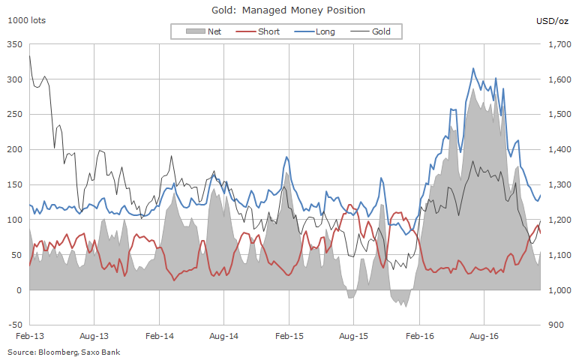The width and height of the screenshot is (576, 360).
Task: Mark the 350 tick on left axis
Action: click(13, 45)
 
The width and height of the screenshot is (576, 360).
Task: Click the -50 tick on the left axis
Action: click(13, 325)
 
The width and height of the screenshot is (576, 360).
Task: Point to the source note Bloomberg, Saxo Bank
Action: click(64, 352)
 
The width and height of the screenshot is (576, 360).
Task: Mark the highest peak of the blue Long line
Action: click(472, 69)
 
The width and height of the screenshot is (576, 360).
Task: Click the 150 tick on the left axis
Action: click(15, 185)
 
